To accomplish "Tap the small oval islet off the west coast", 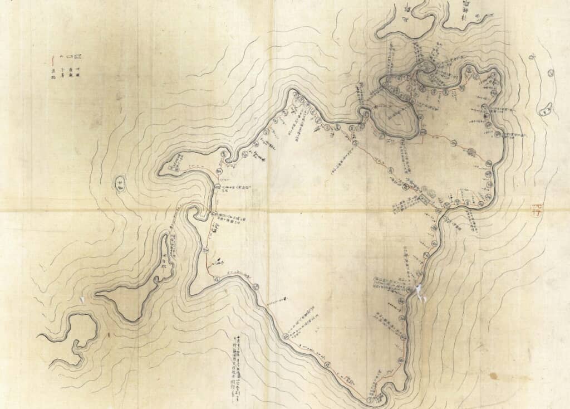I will click(x=120, y=182).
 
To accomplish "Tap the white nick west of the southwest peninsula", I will click(x=82, y=300).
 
